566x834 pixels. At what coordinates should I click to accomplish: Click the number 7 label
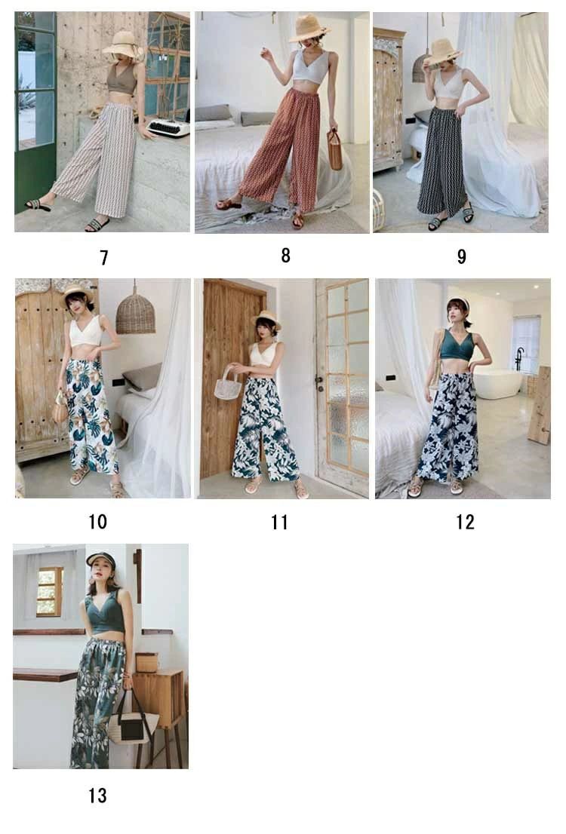click(x=104, y=258)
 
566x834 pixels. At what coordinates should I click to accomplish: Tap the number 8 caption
click(x=285, y=256)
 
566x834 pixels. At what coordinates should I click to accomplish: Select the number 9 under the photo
click(x=462, y=257)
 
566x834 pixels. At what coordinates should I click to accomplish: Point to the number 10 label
click(x=97, y=522)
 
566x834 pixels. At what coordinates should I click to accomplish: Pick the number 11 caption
click(x=279, y=523)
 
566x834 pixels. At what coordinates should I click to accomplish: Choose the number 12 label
click(x=465, y=523)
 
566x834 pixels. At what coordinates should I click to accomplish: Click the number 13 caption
click(x=97, y=796)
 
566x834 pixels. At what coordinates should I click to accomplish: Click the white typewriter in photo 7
click(x=168, y=127)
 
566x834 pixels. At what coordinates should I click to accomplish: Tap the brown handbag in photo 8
click(x=334, y=149)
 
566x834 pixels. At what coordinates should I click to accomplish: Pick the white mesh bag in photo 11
click(x=229, y=384)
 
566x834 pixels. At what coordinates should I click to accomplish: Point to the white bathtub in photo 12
click(x=498, y=384)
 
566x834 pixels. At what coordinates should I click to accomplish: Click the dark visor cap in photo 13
click(x=100, y=559)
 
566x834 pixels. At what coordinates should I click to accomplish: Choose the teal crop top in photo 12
click(x=457, y=345)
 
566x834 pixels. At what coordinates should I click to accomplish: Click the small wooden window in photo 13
click(x=50, y=591)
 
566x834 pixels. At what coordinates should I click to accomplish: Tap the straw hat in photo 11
click(x=266, y=319)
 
